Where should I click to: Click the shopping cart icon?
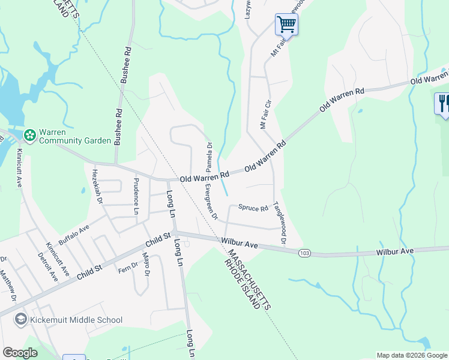286,25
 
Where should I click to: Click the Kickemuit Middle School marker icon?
21,320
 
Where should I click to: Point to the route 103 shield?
304,253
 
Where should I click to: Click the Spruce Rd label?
253,208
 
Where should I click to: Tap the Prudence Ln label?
136,196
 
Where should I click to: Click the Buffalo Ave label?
73,231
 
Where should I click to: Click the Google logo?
20,353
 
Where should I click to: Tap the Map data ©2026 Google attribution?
412,355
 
